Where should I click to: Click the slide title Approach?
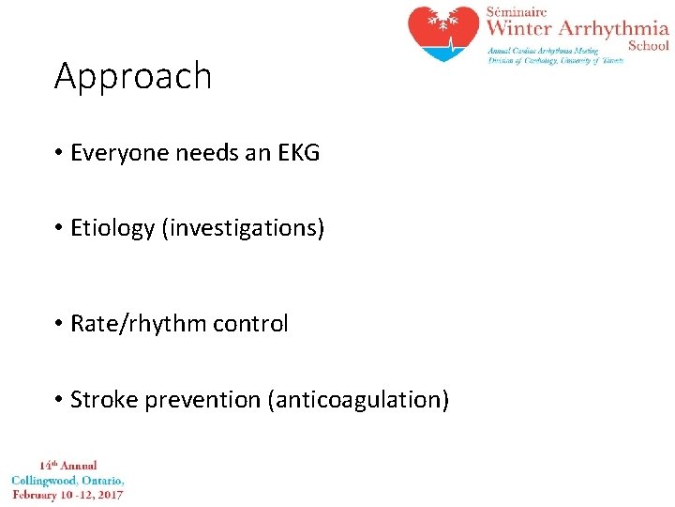point(133,77)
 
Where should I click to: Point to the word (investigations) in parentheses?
point(243,228)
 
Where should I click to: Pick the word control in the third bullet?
point(250,324)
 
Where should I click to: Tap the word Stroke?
point(98,400)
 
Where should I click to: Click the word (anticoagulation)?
point(359,400)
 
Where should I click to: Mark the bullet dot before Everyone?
point(58,153)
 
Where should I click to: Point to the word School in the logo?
point(648,45)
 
